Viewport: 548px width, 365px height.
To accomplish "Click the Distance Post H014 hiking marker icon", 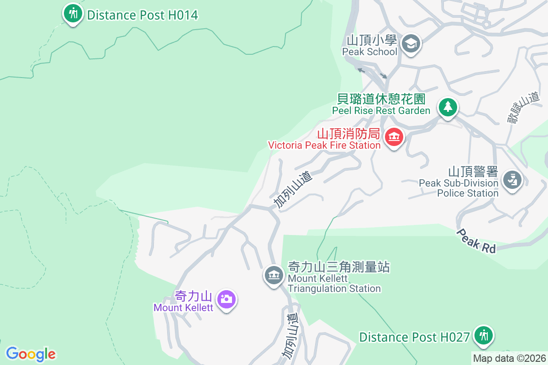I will (x=72, y=13).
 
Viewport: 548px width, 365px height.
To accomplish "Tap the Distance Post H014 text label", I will (x=142, y=15).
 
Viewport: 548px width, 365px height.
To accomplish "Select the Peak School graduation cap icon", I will (x=411, y=44).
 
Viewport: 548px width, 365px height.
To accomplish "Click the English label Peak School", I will (x=369, y=52).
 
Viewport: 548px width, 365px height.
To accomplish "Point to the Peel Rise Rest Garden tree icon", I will (x=448, y=107).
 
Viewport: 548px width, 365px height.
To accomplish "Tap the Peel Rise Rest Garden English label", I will (x=381, y=110).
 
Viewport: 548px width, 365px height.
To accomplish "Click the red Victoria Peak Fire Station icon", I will (x=394, y=136).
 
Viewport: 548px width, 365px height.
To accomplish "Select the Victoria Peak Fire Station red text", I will (x=324, y=145).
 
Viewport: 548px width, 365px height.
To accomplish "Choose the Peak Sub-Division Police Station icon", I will (x=512, y=179).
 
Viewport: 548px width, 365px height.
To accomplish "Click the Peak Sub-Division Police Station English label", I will (x=458, y=188).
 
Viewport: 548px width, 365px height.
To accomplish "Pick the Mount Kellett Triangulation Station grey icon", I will (x=274, y=275).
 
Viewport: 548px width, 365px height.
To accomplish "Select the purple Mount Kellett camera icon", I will (x=227, y=299).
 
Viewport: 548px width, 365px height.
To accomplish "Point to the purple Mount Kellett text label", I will (x=183, y=308).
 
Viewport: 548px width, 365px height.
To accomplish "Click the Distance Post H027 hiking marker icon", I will (x=482, y=336).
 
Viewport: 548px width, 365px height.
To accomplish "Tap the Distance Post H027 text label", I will (x=414, y=338).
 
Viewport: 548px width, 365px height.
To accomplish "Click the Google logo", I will (x=31, y=354).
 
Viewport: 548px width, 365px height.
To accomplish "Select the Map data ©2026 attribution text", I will (x=509, y=358).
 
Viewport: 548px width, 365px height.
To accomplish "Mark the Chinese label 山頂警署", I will (x=473, y=172).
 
